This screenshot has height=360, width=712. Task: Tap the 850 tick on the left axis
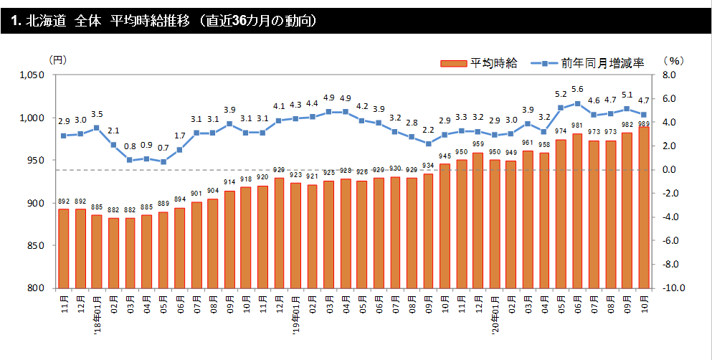[37, 246]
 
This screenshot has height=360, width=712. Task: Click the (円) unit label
[58, 61]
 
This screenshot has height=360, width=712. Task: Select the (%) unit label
[673, 61]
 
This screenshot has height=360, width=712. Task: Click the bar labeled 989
[643, 208]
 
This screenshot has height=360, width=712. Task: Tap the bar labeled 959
[478, 220]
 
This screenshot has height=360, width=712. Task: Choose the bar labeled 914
[229, 240]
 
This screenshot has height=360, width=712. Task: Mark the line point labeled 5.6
[577, 103]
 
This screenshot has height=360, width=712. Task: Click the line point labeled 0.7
[163, 161]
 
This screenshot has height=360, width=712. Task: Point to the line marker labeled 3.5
[97, 128]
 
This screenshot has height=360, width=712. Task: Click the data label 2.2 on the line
[428, 130]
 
